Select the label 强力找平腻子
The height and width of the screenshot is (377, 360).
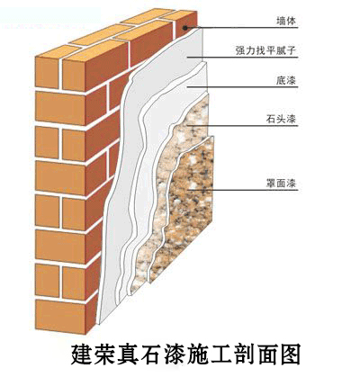tap(265, 50)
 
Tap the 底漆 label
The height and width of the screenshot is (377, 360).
tap(286, 80)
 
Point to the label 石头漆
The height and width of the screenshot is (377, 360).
tap(281, 119)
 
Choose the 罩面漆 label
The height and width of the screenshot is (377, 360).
tap(281, 183)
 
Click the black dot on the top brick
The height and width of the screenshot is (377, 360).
tap(185, 28)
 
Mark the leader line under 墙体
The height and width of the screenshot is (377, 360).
tap(242, 28)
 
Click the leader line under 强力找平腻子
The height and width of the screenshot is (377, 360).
tap(243, 57)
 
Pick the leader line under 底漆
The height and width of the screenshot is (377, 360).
tap(243, 87)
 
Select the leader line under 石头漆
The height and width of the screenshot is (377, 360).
tap(243, 125)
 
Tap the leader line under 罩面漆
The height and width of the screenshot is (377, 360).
tap(243, 190)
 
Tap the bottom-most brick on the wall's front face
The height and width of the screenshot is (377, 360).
tap(60, 316)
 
